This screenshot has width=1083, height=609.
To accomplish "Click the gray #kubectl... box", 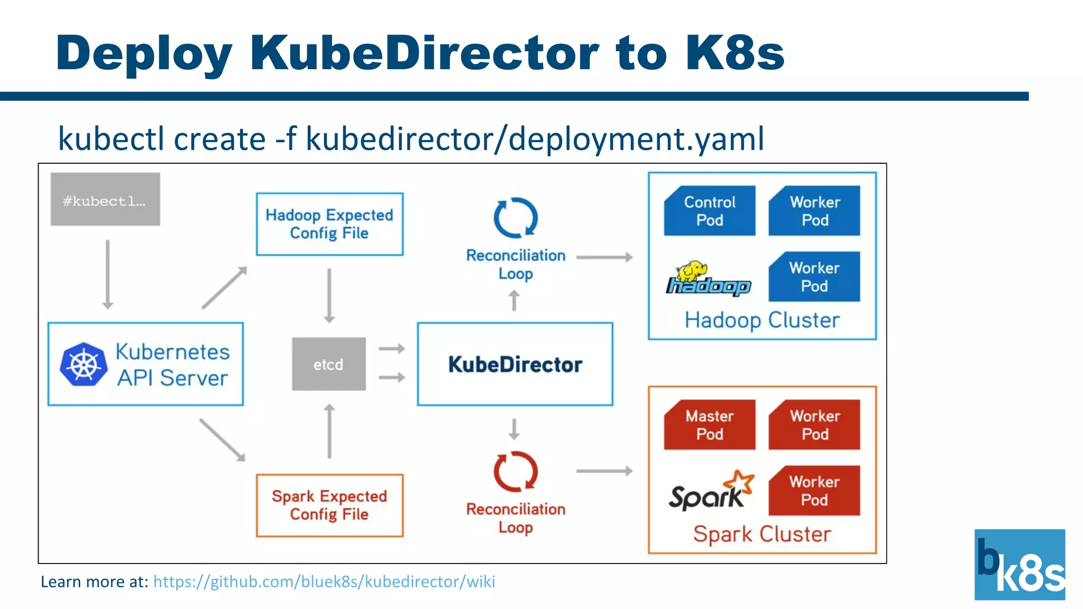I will tap(105, 199).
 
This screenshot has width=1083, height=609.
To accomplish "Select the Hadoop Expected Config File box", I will tap(329, 224).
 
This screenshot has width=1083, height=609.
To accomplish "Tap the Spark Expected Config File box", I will tap(329, 505).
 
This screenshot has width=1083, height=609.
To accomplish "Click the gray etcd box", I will tap(328, 364).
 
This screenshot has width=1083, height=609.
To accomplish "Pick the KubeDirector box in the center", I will tap(515, 364).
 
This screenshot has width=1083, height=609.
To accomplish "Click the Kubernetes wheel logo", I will tap(84, 364).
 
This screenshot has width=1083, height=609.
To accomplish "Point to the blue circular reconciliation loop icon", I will tap(516, 218).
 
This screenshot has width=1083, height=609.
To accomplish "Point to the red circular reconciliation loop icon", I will tap(516, 472).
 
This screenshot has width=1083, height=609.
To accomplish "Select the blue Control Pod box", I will tap(709, 211).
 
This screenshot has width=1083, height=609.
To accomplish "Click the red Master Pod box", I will tap(709, 425).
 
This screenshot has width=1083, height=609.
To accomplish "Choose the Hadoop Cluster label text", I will tap(761, 320).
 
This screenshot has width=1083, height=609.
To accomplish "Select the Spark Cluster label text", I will tap(761, 534).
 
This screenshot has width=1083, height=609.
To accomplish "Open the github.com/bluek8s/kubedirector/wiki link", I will tap(324, 582).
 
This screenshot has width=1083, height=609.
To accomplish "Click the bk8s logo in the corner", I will tap(1019, 565).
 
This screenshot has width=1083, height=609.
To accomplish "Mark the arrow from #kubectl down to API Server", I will tap(108, 274).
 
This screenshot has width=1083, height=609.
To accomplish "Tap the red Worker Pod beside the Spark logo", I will tap(814, 491).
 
